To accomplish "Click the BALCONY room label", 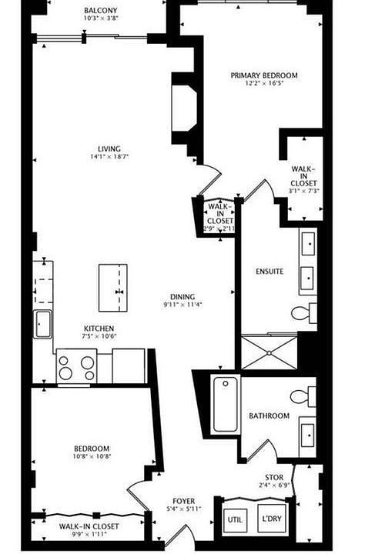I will (x=102, y=11).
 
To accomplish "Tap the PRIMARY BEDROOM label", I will (x=264, y=75).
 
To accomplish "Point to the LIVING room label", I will (x=109, y=149).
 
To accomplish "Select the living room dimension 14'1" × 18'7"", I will (x=109, y=158).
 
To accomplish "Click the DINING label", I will (x=182, y=297).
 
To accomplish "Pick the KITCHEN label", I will (x=99, y=327).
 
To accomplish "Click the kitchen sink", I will (x=42, y=324).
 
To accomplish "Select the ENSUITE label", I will (x=269, y=272).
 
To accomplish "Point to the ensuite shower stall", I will (x=269, y=352).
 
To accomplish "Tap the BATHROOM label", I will (x=269, y=416).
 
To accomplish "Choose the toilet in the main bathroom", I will (x=303, y=396).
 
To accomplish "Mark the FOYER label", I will (x=183, y=500).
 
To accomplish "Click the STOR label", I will (x=274, y=477).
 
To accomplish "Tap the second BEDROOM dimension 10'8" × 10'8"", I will (x=91, y=457).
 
